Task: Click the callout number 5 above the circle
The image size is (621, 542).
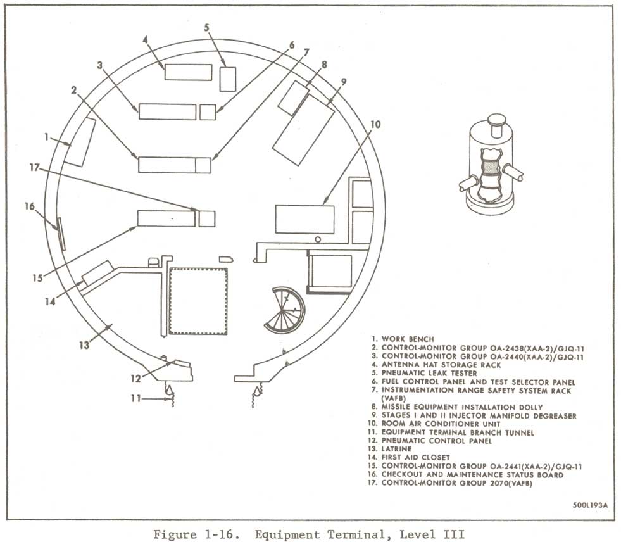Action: tap(207, 28)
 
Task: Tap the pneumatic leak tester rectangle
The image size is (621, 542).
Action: tap(228, 79)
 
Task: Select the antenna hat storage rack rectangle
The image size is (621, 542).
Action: tap(188, 72)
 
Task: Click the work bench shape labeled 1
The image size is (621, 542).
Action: tap(80, 142)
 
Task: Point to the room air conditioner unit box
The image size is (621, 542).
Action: tap(304, 219)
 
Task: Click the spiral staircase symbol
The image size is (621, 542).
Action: tap(285, 310)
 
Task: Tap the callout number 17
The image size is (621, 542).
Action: tap(34, 168)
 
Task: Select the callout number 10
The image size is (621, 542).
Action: tap(375, 124)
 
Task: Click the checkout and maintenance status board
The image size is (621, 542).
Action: tap(61, 234)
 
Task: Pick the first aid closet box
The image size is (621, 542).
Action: tap(97, 273)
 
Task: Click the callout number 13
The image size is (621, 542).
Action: tap(84, 345)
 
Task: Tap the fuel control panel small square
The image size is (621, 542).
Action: tap(208, 112)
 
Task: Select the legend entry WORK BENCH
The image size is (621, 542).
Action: tap(403, 339)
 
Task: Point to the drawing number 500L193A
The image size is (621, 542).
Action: tap(590, 505)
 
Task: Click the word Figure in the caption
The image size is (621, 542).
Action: tap(175, 534)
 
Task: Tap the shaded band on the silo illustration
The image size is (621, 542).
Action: tap(491, 167)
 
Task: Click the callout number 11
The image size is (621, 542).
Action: tap(135, 398)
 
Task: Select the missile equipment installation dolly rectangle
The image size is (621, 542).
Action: tap(294, 98)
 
